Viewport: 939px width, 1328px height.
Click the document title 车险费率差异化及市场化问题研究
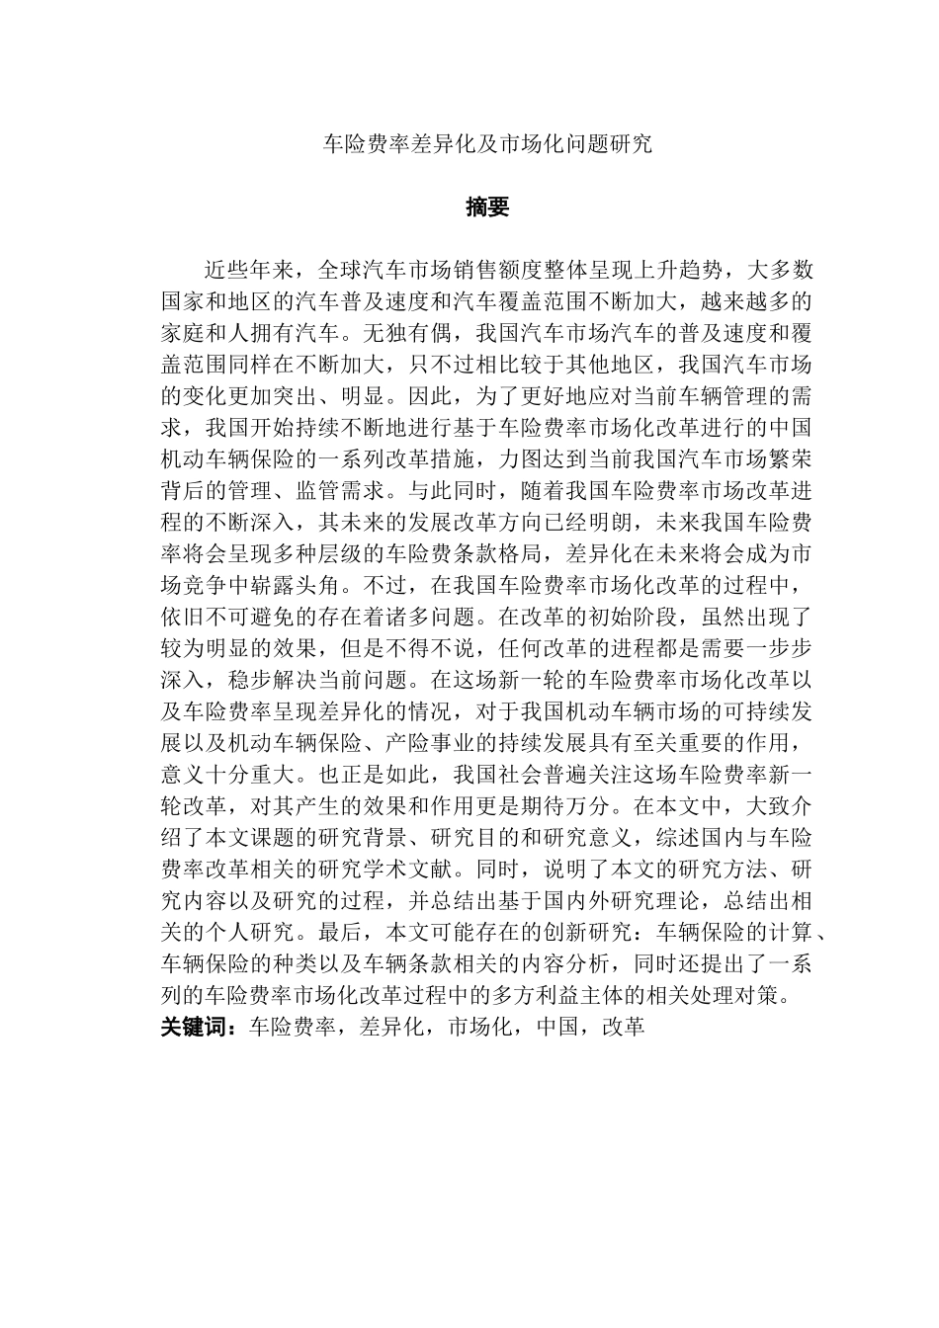(489, 144)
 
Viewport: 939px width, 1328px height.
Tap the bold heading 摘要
(487, 207)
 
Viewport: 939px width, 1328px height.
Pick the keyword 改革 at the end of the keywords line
(624, 1027)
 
